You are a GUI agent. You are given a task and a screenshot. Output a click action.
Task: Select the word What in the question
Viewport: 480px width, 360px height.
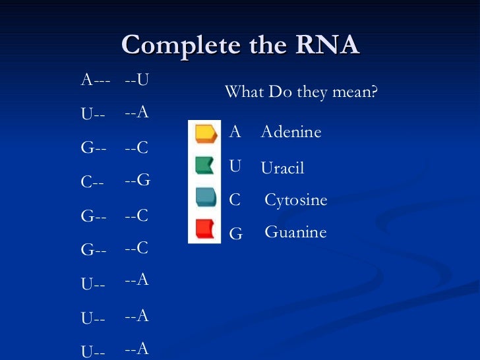244,92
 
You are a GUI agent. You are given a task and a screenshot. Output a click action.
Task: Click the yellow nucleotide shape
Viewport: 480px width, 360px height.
205,133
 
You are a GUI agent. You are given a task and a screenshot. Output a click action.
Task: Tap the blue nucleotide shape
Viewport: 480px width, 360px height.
205,196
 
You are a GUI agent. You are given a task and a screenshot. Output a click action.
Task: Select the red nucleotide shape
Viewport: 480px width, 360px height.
204,228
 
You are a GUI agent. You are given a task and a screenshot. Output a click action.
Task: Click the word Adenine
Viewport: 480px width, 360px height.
291,133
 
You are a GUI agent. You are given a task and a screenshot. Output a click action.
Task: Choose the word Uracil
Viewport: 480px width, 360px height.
282,169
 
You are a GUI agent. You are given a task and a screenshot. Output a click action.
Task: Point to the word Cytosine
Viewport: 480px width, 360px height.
295,200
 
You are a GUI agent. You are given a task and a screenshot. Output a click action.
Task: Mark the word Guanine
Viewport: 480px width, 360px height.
295,232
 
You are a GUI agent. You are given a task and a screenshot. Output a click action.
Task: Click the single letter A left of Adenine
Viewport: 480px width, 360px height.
235,132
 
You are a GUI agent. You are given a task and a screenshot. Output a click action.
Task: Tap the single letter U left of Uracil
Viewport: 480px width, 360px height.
235,166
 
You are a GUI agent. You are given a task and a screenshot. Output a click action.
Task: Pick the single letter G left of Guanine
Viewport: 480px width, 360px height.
235,233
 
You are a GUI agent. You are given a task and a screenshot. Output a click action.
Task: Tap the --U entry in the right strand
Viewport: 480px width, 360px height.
136,80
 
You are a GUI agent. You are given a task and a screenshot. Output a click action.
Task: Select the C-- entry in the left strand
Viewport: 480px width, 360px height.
92,183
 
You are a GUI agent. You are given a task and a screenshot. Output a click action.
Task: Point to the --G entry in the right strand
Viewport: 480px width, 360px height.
137,179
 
